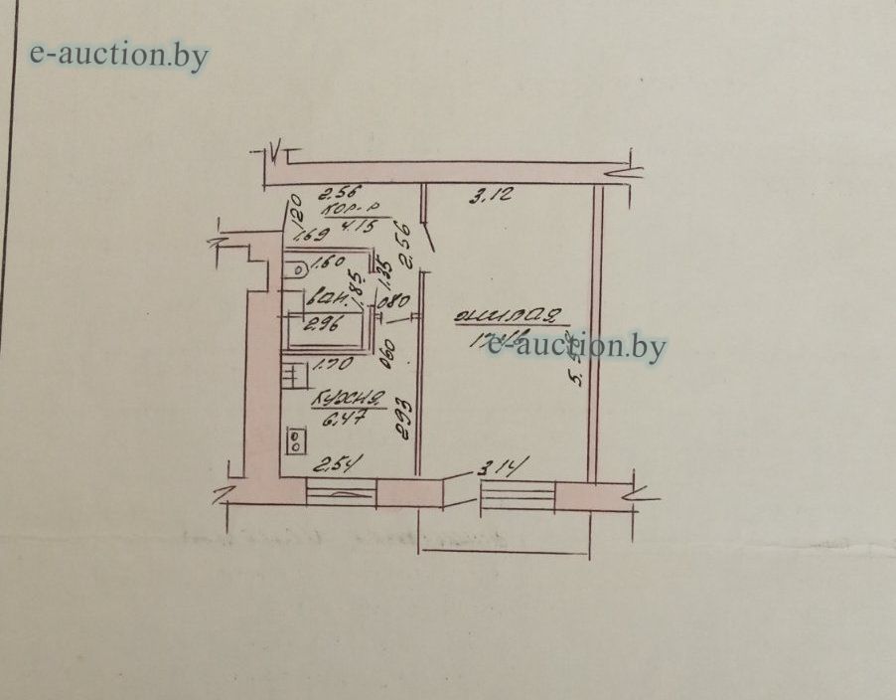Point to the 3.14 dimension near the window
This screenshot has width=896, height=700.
click(x=503, y=465)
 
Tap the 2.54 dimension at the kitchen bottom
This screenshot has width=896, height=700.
click(x=334, y=463)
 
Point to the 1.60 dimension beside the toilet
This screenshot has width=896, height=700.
click(x=327, y=264)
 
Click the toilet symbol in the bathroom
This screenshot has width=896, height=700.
click(x=296, y=267)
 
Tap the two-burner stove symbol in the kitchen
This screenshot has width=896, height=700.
click(x=296, y=439)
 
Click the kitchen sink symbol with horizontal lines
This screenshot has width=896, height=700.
click(x=294, y=376)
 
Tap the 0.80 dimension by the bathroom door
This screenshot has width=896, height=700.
click(x=394, y=299)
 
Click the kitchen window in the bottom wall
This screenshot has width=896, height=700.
click(x=341, y=492)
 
